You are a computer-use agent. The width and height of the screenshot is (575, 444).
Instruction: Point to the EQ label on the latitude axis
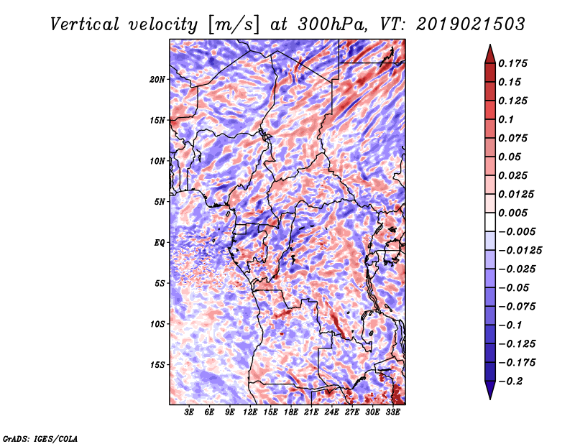pyautogui.click(x=160, y=243)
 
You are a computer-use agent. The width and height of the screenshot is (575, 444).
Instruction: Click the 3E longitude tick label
pyautogui.click(x=190, y=413)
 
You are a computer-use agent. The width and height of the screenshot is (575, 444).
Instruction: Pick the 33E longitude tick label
pyautogui.click(x=392, y=413)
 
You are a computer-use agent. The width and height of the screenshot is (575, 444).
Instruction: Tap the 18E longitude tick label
pyautogui.click(x=291, y=413)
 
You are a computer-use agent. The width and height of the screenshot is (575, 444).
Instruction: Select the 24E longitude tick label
pyautogui.click(x=331, y=413)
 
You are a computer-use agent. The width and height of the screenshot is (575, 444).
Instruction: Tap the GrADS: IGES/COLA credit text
pyautogui.click(x=40, y=438)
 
